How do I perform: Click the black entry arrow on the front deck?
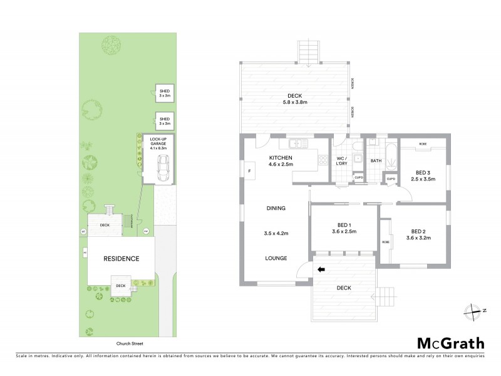point(323,270)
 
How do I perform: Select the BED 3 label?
point(423,172)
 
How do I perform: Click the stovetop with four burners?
point(324,159)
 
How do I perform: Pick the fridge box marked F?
point(249,170)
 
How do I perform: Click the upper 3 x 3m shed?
point(164,93)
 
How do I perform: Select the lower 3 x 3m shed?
point(164,120)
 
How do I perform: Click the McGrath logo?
point(450,343)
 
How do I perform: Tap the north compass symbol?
point(472,310)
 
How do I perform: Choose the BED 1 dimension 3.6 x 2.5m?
point(344,231)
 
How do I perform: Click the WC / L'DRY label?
point(342,161)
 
